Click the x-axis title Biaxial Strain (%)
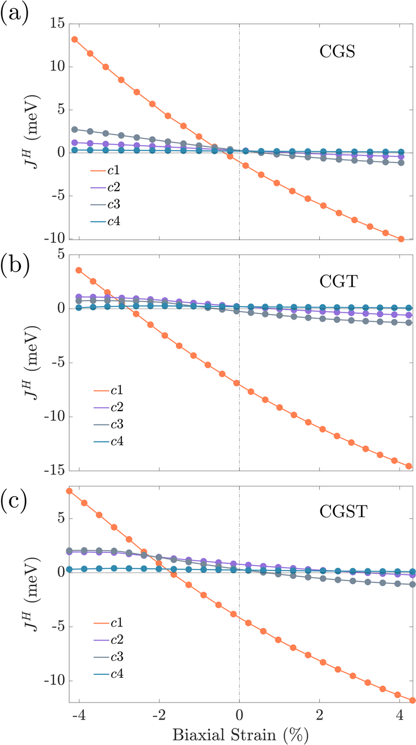tap(239, 733)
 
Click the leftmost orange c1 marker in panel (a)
tap(74, 40)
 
